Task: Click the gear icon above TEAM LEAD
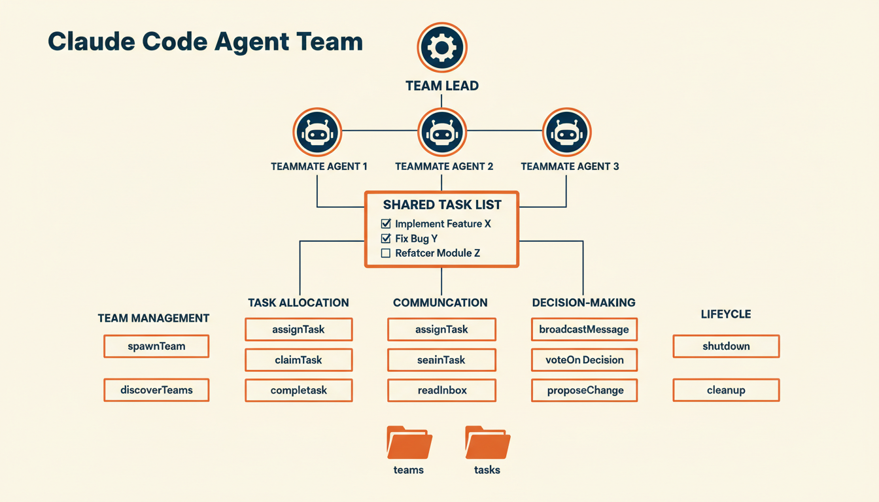coord(441,47)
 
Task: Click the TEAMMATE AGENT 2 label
coord(444,167)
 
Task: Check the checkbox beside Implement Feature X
coord(386,224)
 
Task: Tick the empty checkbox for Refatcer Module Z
coord(386,253)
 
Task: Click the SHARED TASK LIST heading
coord(442,205)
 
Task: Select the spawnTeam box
coord(156,346)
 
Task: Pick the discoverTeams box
coord(156,390)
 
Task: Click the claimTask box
coord(298,360)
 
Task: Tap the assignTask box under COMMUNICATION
coord(441,329)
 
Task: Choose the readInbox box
coord(441,390)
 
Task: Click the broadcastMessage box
coord(584,329)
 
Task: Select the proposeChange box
coord(584,390)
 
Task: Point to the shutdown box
coord(726,346)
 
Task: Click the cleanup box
coord(726,390)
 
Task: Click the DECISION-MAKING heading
coord(584,303)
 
